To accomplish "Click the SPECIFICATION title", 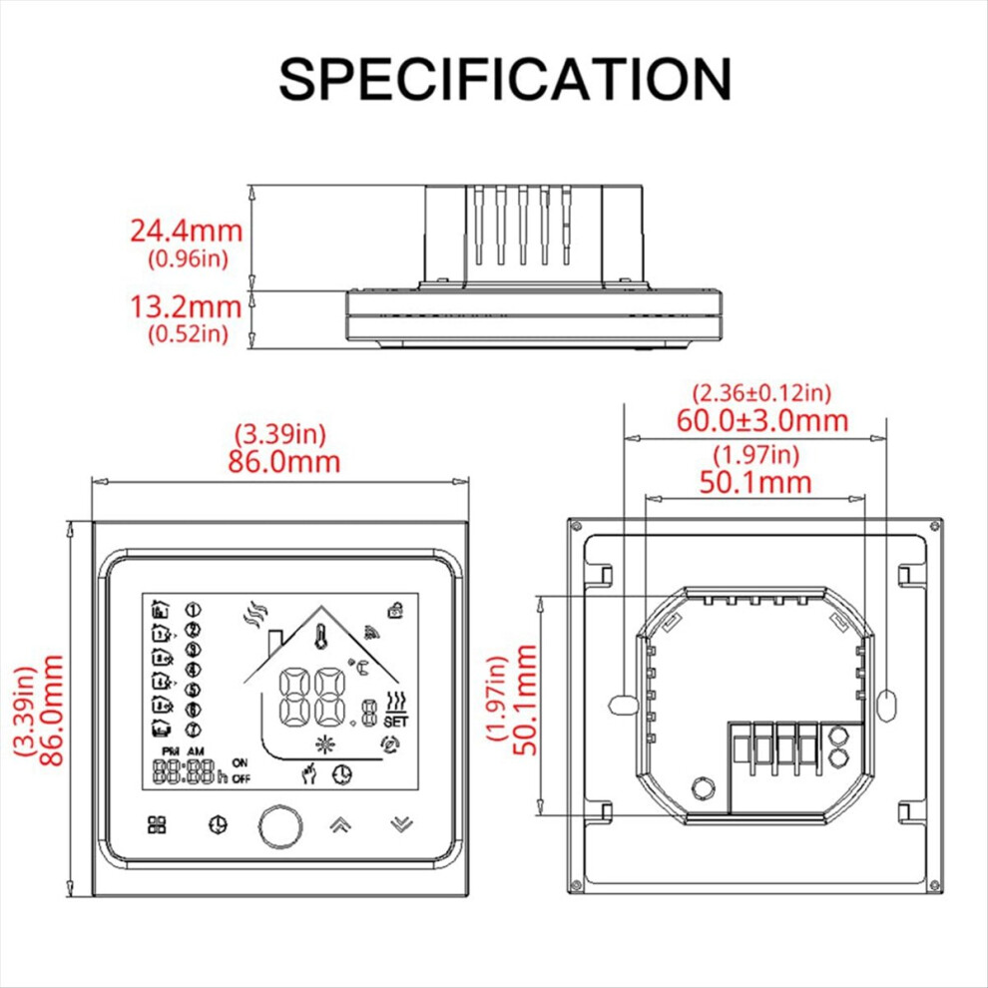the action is tap(505, 79).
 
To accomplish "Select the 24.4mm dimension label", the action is tap(187, 231).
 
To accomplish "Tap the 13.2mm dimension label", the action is tap(187, 306).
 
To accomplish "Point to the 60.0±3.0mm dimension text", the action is tap(762, 420).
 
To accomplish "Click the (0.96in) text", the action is tap(188, 258).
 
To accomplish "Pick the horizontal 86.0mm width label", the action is tap(283, 462).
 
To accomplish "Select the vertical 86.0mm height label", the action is tap(51, 711).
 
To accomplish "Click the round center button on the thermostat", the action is tap(280, 825).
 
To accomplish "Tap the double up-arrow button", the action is tap(340, 824).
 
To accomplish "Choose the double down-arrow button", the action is tap(401, 824).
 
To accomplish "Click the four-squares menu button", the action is tap(157, 824).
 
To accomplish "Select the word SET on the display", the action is tap(396, 721).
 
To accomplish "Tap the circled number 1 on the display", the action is tap(193, 610).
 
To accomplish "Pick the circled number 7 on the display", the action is tap(193, 730).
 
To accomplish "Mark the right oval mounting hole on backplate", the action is tap(886, 706).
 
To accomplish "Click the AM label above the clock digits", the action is tap(196, 751).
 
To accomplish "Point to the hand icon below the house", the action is tap(309, 773).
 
